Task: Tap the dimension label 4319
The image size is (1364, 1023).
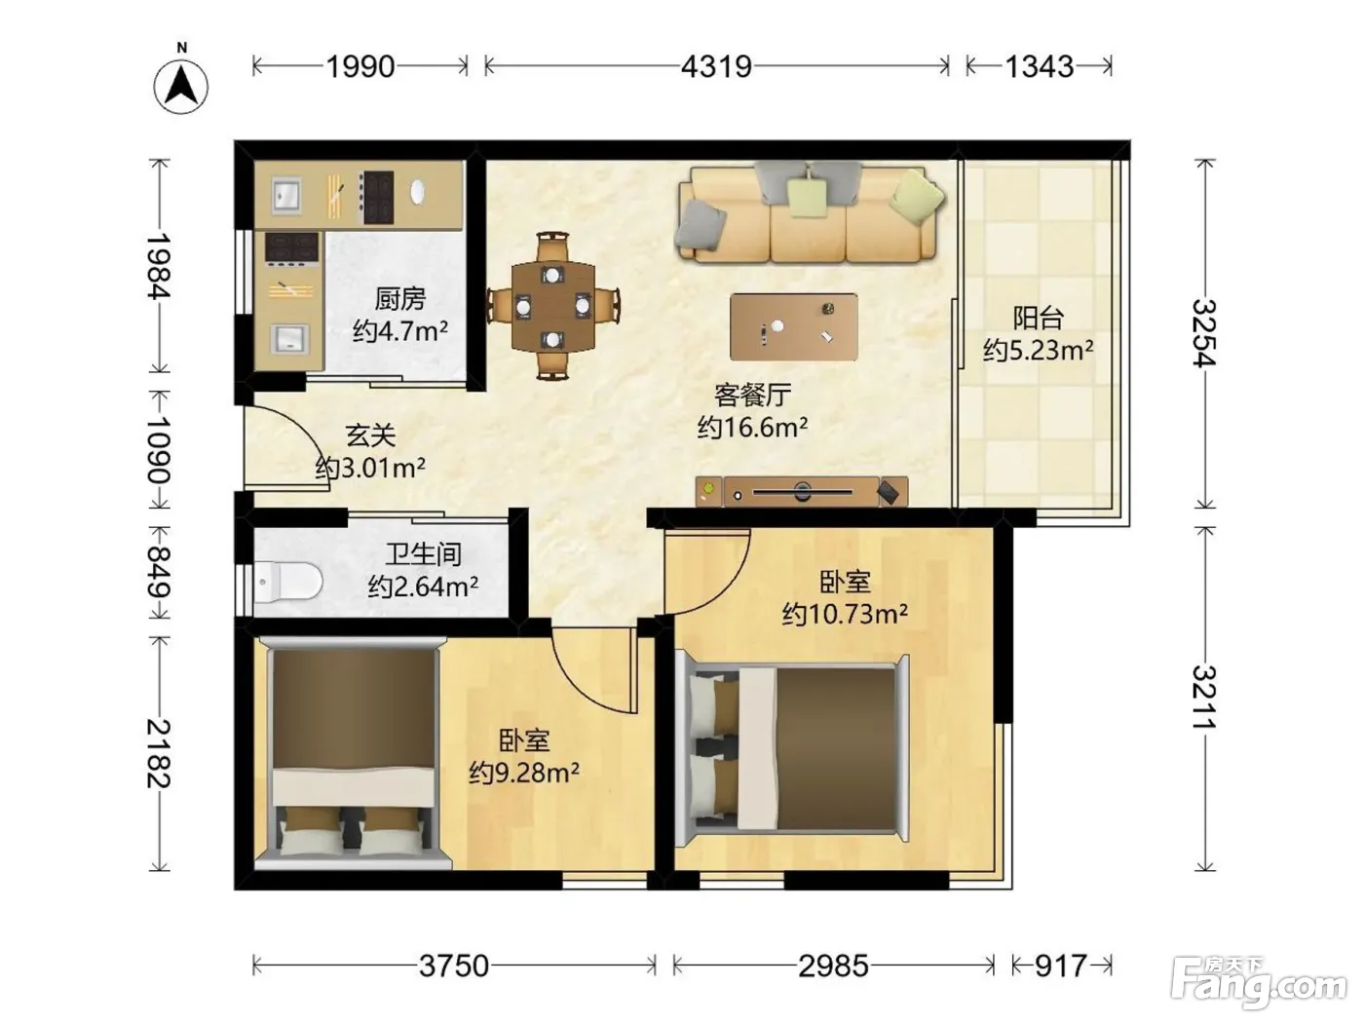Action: click(716, 66)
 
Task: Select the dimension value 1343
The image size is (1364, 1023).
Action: click(1039, 66)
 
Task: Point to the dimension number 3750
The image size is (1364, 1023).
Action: click(454, 966)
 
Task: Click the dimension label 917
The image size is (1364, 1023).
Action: click(1061, 966)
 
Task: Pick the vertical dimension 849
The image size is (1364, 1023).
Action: click(159, 572)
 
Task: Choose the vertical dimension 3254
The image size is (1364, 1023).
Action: click(1203, 333)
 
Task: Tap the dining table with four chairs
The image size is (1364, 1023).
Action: click(553, 306)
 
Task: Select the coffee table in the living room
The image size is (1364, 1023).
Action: click(793, 326)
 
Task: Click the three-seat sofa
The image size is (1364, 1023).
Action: click(809, 213)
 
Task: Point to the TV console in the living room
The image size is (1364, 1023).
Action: click(802, 492)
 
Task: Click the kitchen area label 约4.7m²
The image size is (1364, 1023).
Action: click(400, 331)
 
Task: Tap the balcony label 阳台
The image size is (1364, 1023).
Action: click(1039, 318)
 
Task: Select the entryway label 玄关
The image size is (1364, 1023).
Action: click(370, 436)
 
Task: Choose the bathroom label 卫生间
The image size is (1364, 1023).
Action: click(423, 554)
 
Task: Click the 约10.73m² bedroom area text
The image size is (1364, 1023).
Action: click(845, 614)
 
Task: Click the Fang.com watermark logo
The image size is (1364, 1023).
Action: click(1259, 984)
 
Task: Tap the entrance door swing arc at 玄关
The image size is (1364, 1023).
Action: click(298, 435)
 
